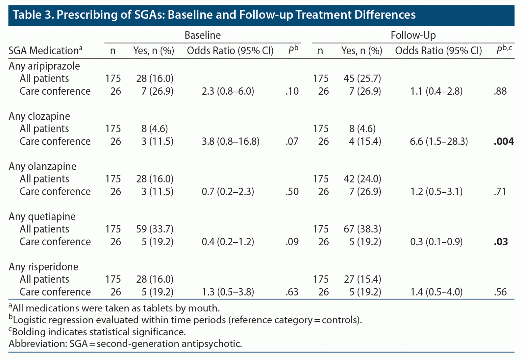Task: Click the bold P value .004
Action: (x=504, y=141)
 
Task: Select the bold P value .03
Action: (x=501, y=242)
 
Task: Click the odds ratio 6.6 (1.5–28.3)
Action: (x=439, y=141)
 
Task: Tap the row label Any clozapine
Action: (x=39, y=116)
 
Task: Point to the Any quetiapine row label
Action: (x=42, y=216)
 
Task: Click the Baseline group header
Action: (x=202, y=35)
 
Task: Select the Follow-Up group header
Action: (x=413, y=35)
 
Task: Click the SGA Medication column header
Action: (x=45, y=51)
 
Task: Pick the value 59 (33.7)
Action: (x=155, y=229)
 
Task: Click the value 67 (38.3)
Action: (x=362, y=229)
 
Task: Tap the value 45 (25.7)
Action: (x=362, y=78)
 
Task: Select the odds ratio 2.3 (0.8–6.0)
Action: (x=228, y=91)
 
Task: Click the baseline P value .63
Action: (x=292, y=292)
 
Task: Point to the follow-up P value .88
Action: (x=500, y=91)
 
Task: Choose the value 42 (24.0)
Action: (x=362, y=179)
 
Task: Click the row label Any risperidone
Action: (x=43, y=267)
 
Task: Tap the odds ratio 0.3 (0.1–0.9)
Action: (x=436, y=242)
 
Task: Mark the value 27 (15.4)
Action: (x=362, y=279)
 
